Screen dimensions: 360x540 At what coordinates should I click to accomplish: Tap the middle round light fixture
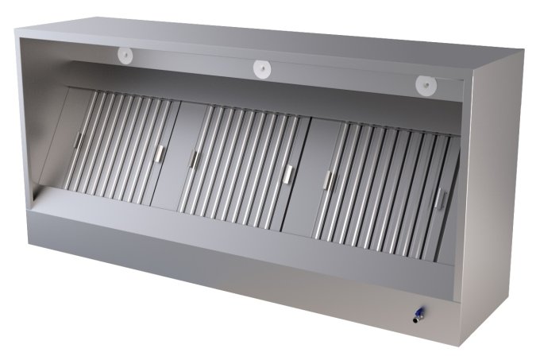261,68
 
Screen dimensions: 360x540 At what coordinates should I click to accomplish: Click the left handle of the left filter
77,140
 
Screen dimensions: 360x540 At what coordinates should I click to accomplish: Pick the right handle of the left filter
161,154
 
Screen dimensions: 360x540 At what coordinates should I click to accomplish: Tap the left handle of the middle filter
191,160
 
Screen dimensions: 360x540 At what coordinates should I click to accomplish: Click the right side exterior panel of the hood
496,199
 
